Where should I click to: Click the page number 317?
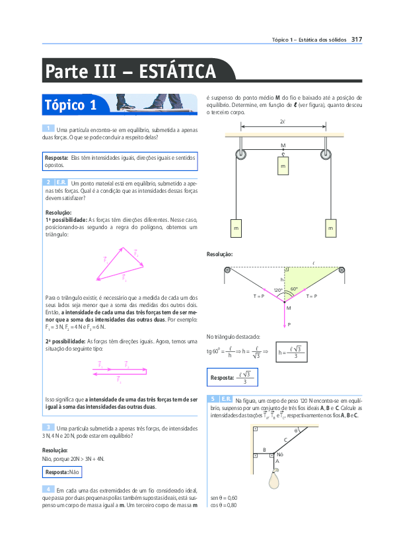356,40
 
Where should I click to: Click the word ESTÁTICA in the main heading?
178,71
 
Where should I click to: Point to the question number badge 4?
48,489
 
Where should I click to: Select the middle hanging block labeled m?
283,167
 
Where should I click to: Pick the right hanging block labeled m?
330,228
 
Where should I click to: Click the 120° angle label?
278,290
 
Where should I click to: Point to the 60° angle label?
294,289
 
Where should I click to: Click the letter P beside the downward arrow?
289,324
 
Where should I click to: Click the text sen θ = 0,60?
224,497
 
